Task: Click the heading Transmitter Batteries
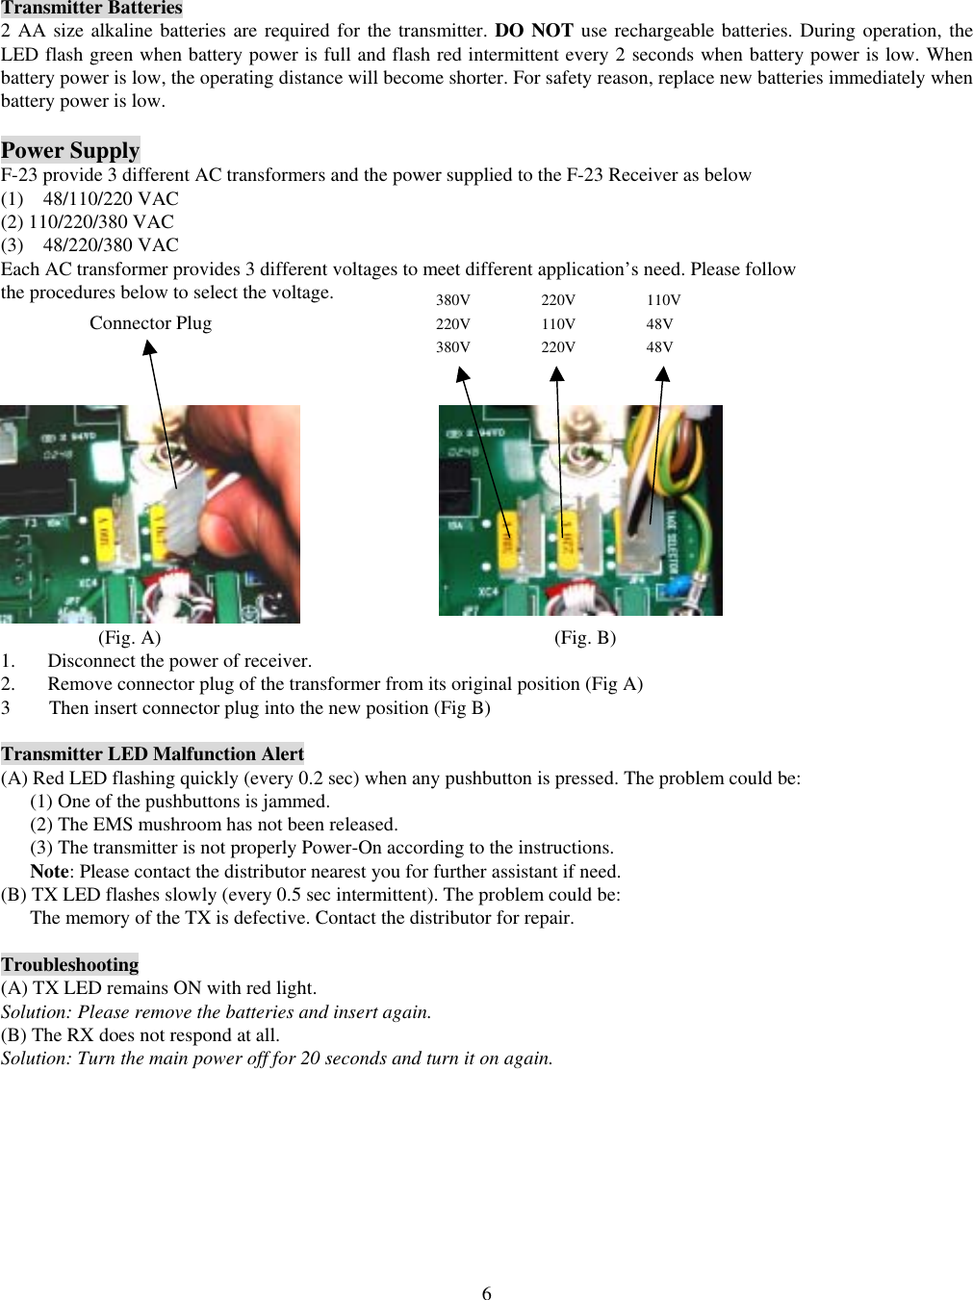tap(91, 9)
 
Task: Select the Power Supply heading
tap(70, 150)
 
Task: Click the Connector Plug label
tap(150, 323)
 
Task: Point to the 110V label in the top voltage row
tap(663, 300)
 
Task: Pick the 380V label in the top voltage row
tap(452, 300)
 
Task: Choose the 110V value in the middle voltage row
tap(557, 324)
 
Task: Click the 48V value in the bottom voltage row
tap(659, 347)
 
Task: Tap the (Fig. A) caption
tap(130, 638)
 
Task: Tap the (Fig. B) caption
tap(585, 638)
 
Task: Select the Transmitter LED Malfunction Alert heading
tap(152, 754)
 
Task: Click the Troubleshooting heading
tap(69, 965)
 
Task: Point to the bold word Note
tap(49, 872)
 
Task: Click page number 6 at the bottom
tap(486, 1293)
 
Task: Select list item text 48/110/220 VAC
tap(111, 199)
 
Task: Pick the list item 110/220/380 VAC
tap(101, 222)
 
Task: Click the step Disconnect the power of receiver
tap(179, 661)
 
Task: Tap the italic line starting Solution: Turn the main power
tap(277, 1058)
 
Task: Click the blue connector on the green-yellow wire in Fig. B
tap(680, 585)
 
